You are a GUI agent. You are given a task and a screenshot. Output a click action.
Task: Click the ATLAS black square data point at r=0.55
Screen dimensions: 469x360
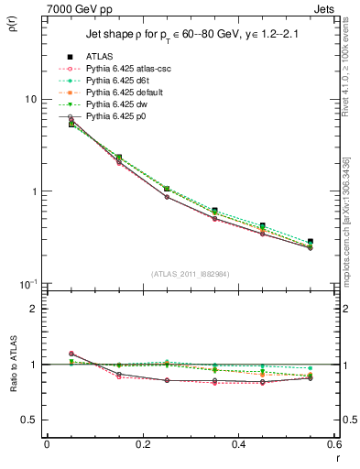(x=310, y=242)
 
